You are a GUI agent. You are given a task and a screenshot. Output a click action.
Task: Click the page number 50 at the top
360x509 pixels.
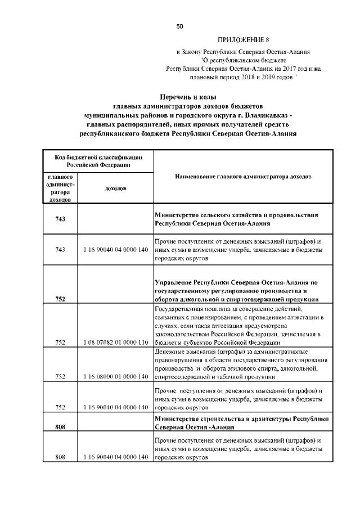coord(180,26)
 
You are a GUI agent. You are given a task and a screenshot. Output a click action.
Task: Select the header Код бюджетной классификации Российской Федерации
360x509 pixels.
coord(98,161)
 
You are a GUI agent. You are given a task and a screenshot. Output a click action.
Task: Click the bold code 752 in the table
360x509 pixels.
coord(61,299)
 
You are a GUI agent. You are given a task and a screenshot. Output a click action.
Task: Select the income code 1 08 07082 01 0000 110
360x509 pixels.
coord(115,341)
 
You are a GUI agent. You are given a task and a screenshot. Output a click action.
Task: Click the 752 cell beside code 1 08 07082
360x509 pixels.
coord(61,341)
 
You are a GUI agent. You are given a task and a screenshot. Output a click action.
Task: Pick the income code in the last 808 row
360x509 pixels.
coord(115,457)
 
